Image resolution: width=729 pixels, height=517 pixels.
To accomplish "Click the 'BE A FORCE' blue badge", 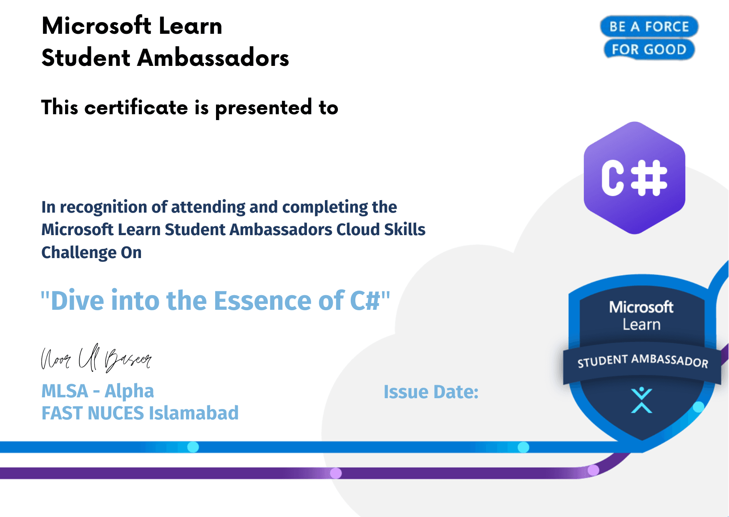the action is click(x=649, y=27).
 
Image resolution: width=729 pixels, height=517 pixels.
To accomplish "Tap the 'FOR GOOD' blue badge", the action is click(x=649, y=49).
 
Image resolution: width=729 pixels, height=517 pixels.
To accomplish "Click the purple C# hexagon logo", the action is click(x=634, y=178).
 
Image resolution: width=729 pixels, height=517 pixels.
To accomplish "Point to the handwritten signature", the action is click(x=96, y=358).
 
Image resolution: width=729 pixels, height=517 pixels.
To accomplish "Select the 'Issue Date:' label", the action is click(x=431, y=392).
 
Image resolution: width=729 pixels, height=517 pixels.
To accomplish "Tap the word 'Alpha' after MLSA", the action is click(x=129, y=392).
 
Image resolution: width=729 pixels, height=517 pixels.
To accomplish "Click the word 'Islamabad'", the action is click(x=194, y=413).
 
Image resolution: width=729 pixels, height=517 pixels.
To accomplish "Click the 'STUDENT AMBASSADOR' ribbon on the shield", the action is click(x=642, y=361).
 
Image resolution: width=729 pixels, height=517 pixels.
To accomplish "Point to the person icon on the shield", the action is click(x=641, y=400).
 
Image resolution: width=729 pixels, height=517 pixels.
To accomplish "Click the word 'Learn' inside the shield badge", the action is click(x=641, y=324).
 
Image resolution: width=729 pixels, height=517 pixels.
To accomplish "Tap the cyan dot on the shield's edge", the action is click(x=699, y=407).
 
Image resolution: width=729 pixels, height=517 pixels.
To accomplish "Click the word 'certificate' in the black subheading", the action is click(x=136, y=108).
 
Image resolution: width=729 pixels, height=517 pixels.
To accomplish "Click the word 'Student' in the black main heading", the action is click(x=86, y=58).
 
